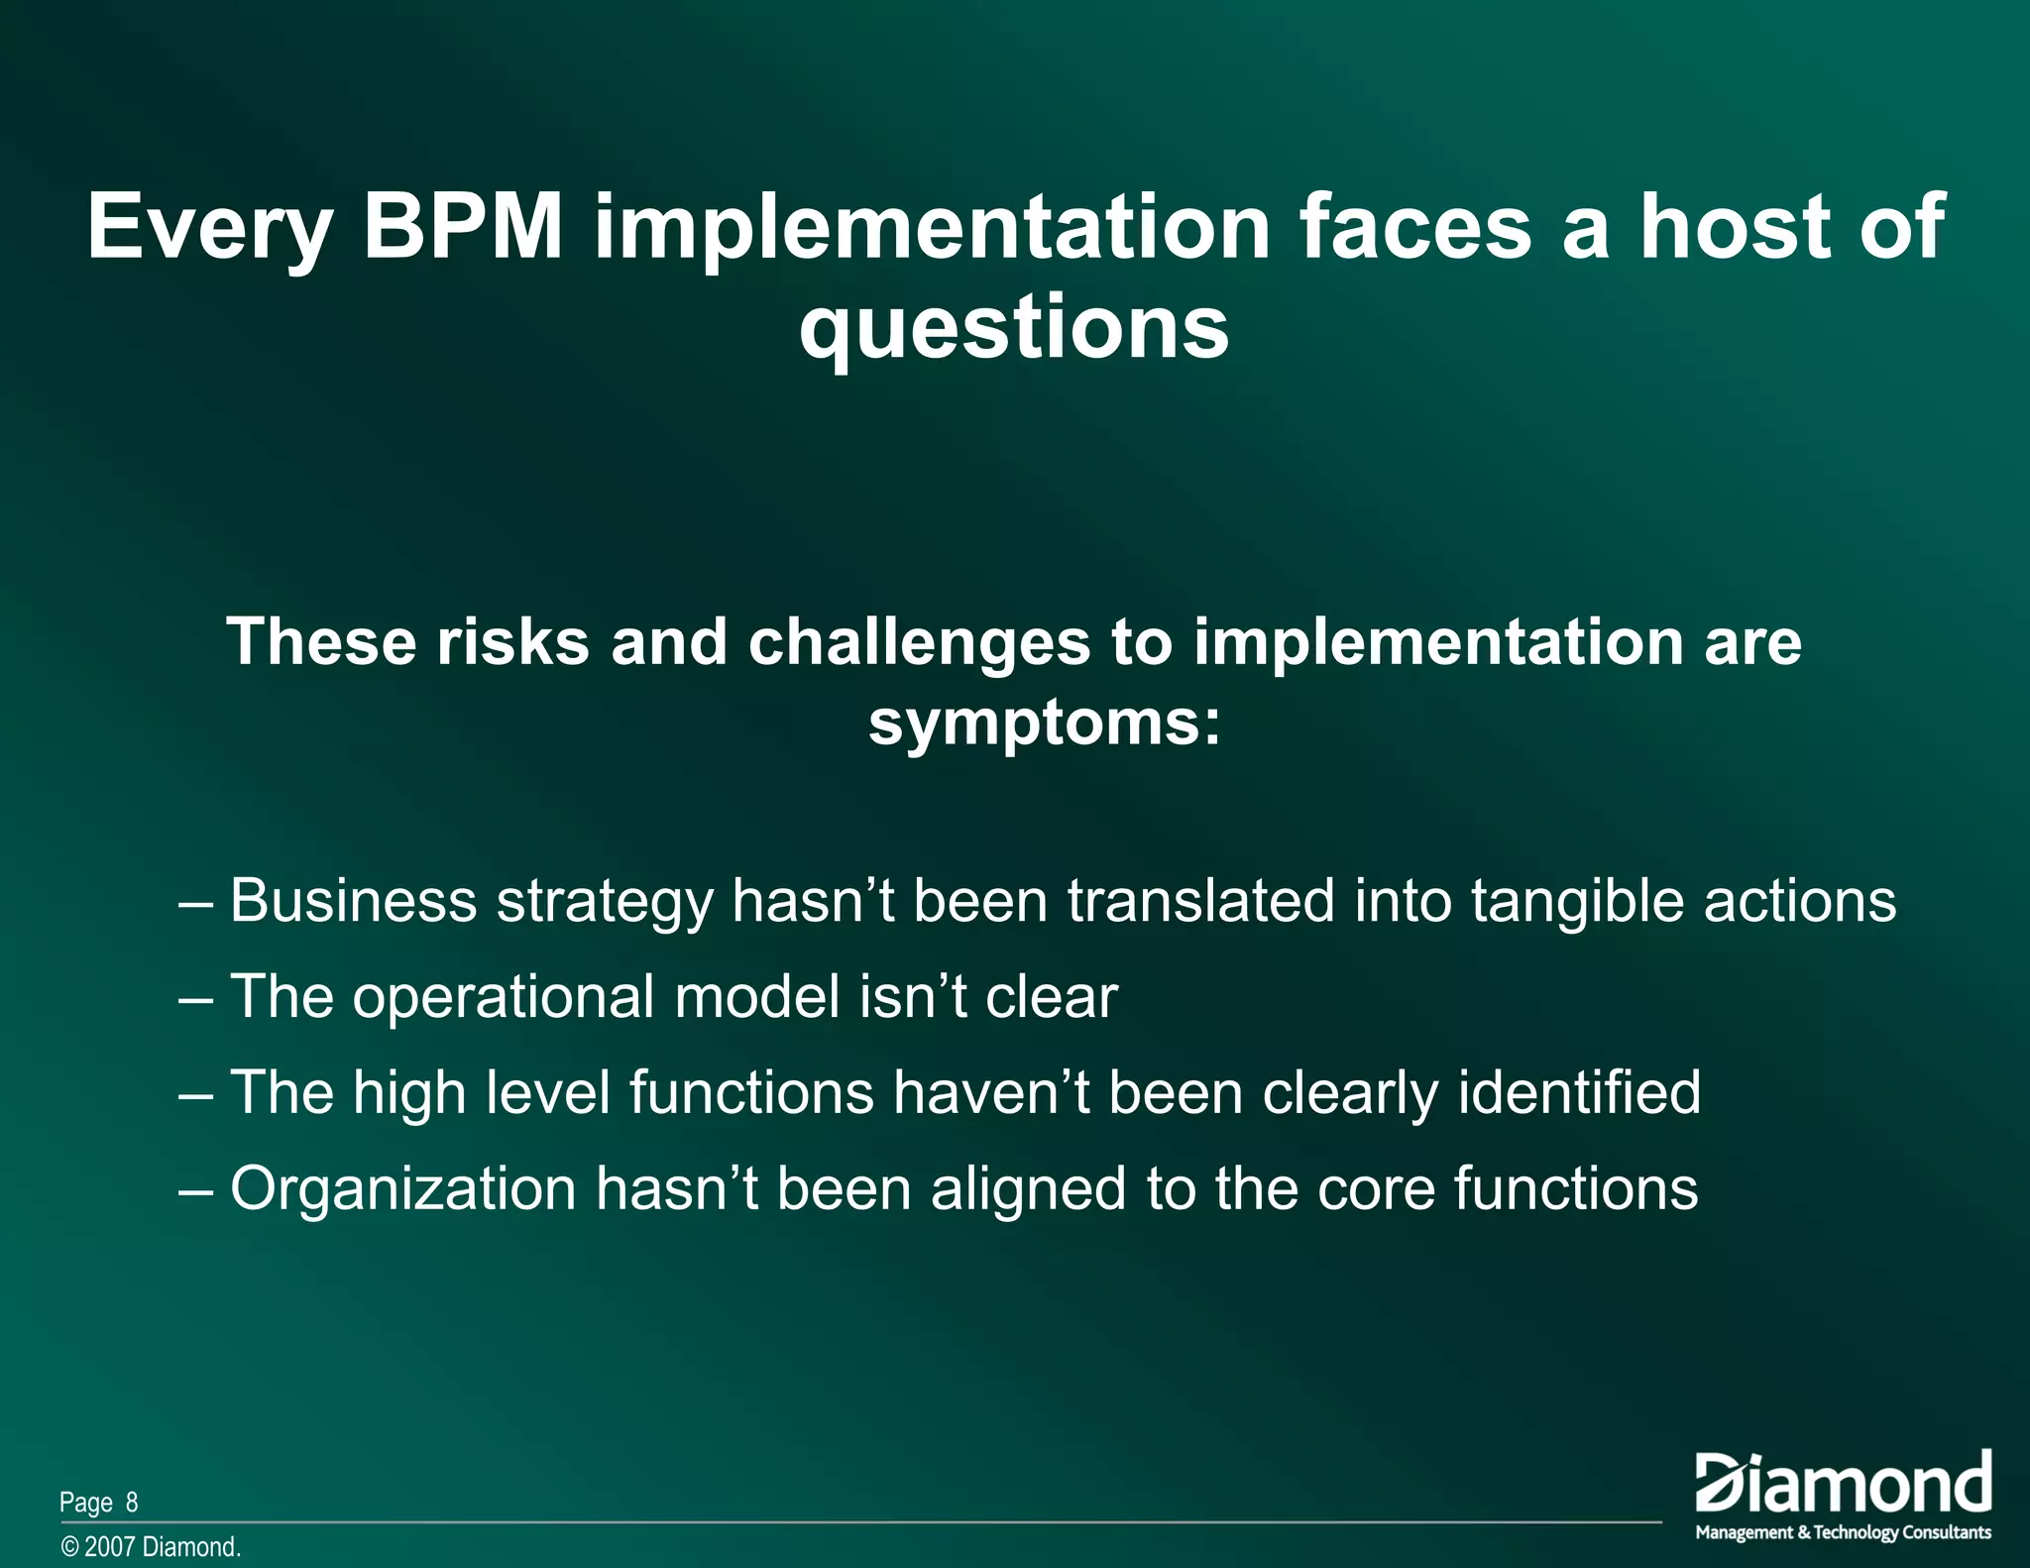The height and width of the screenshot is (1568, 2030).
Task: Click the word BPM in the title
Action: pyautogui.click(x=463, y=228)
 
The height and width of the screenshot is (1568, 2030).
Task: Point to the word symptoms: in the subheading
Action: pyautogui.click(x=1044, y=725)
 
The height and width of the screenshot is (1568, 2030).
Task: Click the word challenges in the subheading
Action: pyautogui.click(x=919, y=642)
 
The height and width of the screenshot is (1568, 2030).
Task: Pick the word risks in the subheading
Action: pyautogui.click(x=512, y=642)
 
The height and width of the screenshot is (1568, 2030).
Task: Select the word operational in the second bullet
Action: pyautogui.click(x=504, y=998)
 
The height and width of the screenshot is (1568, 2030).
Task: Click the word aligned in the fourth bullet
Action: pyautogui.click(x=1028, y=1189)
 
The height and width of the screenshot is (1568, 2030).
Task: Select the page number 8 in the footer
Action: pyautogui.click(x=132, y=1503)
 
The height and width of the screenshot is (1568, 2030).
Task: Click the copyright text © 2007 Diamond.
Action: pyautogui.click(x=151, y=1547)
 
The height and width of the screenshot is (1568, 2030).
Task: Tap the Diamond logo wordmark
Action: pyautogui.click(x=1843, y=1483)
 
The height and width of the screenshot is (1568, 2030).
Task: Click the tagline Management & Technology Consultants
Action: pyautogui.click(x=1843, y=1532)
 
